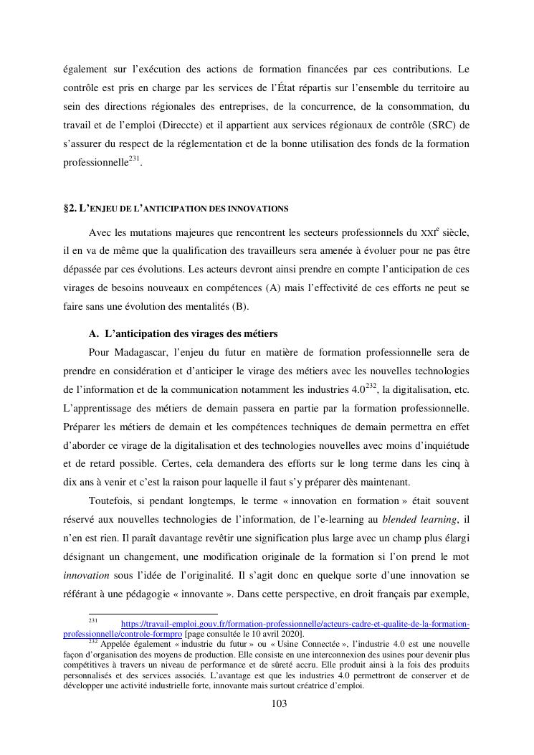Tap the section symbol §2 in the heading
click(x=70, y=209)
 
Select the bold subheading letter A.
click(x=93, y=334)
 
